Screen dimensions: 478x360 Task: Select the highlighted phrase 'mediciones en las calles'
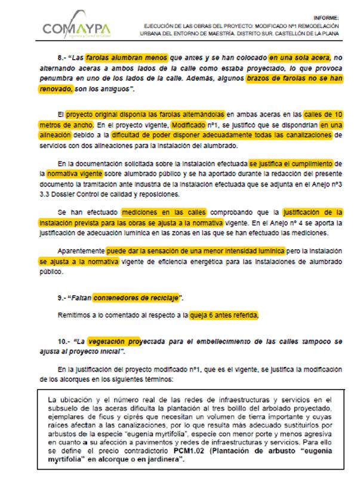(x=164, y=212)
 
